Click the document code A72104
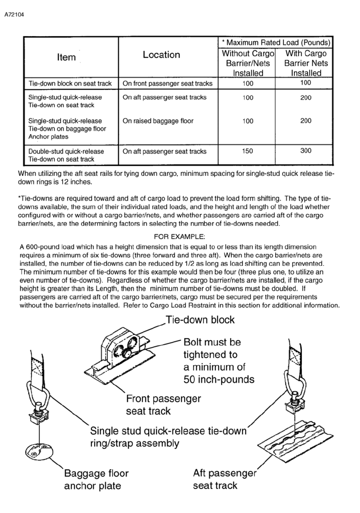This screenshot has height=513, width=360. (15, 15)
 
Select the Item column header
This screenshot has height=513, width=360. (66, 57)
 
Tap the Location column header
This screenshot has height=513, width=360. (161, 55)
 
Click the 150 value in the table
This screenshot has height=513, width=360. (247, 151)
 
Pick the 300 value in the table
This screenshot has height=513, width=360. (306, 151)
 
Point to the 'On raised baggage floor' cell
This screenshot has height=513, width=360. (158, 121)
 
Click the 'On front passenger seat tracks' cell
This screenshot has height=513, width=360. (168, 84)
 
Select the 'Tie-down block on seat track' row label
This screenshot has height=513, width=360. (70, 84)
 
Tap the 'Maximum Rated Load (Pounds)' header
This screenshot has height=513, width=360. (276, 42)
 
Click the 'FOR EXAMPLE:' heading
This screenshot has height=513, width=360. (179, 237)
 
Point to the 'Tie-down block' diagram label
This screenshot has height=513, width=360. (200, 320)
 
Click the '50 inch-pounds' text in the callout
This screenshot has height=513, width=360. (219, 379)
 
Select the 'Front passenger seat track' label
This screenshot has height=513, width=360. (163, 405)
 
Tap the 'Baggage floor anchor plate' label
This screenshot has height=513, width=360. (96, 480)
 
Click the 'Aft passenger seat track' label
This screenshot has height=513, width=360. (224, 480)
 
